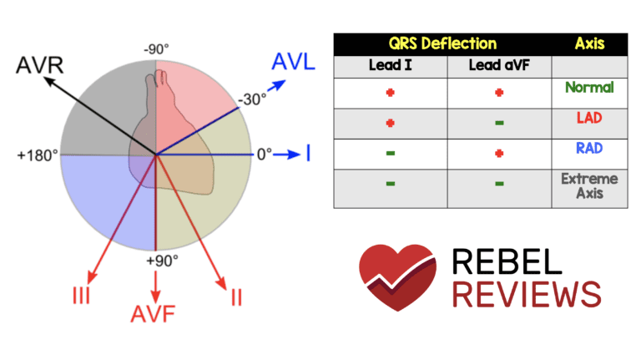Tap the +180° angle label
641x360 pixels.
tap(36, 155)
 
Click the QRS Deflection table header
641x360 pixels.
tap(442, 43)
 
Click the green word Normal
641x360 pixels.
tap(589, 87)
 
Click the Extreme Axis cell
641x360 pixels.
tap(589, 186)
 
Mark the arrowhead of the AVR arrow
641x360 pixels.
tap(48, 80)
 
